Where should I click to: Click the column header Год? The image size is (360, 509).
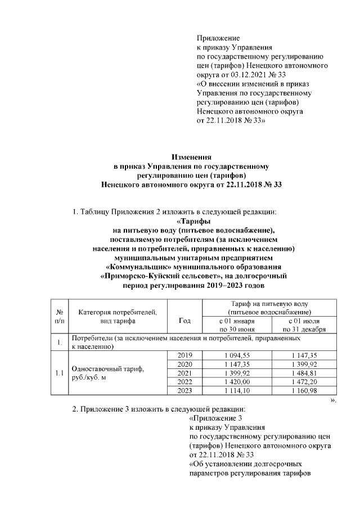coord(184,321)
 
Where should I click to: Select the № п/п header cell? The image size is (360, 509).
coord(60,317)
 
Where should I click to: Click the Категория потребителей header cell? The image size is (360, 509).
coord(118,317)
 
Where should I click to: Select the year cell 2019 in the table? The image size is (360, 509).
coord(184,355)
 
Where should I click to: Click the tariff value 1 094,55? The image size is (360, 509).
coord(236,355)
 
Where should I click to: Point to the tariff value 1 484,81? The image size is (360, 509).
coord(303,373)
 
